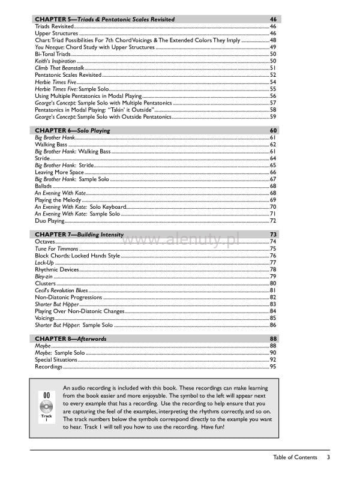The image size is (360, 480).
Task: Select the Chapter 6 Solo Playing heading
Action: [71, 130]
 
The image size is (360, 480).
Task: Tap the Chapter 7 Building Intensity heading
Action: [79, 234]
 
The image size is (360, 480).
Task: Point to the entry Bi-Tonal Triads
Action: [53, 55]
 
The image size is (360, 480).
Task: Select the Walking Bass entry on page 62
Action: [51, 145]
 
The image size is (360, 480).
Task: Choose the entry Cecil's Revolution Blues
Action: [61, 290]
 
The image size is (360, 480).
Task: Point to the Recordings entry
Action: [49, 367]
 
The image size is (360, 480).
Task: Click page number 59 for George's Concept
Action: [273, 117]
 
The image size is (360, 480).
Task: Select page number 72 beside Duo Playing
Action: [273, 221]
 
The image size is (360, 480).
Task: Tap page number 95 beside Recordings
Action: [273, 367]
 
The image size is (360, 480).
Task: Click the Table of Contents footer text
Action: [295, 458]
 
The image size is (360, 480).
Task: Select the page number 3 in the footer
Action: [328, 458]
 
